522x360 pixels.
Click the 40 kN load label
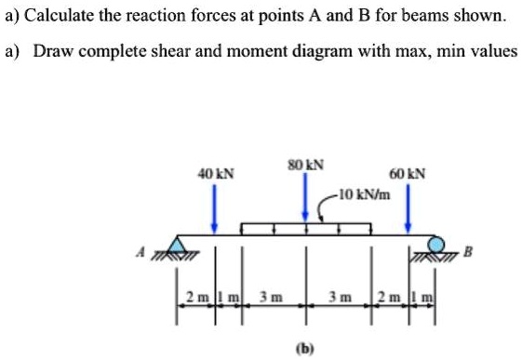[x=216, y=174]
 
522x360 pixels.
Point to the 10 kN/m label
[x=366, y=194]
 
